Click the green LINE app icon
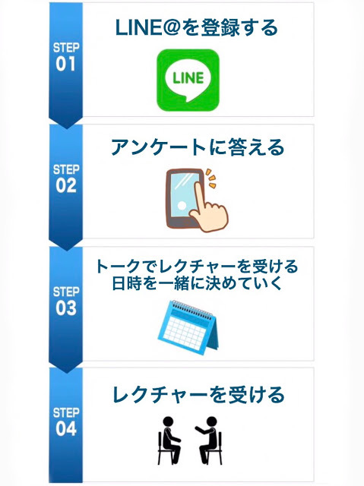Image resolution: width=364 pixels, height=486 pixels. (188, 80)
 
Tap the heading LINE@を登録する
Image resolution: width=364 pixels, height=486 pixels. (197, 27)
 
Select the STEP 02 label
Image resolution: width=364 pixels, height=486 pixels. (65, 179)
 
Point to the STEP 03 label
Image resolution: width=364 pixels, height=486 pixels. (65, 301)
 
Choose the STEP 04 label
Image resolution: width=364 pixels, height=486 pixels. (65, 422)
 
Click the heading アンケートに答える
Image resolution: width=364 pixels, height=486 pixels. (198, 147)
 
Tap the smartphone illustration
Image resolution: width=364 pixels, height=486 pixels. (185, 198)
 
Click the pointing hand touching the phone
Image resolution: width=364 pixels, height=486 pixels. (209, 209)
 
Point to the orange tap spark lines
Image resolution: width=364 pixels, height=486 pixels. (210, 178)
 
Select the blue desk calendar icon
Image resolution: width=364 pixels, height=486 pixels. (188, 327)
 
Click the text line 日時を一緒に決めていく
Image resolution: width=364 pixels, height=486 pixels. (197, 283)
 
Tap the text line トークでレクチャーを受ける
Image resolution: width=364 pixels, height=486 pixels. (197, 267)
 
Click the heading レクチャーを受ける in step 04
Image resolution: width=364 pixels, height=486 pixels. (198, 395)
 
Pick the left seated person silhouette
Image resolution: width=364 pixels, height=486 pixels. (169, 440)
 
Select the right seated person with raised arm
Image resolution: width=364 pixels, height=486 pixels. (209, 440)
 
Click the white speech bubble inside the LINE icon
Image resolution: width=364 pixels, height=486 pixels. (188, 80)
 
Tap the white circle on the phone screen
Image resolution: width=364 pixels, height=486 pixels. (182, 206)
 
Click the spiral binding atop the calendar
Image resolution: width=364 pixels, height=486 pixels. (192, 309)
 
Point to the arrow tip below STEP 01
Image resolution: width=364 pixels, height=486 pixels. (65, 128)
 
